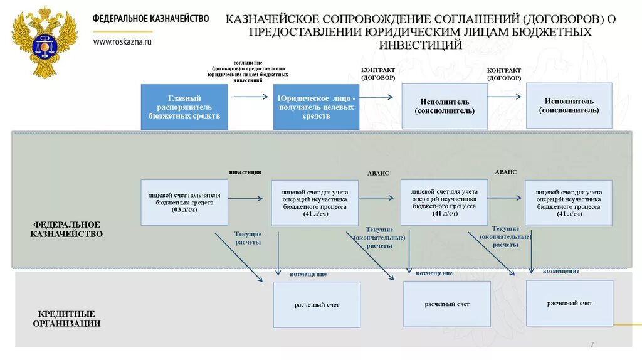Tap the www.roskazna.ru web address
[x=122, y=41]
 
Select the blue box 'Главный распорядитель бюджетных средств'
[x=184, y=107]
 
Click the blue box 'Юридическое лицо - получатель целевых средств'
[x=316, y=107]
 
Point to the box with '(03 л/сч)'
[x=184, y=203]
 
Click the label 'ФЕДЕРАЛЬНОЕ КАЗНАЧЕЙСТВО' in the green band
[x=66, y=229]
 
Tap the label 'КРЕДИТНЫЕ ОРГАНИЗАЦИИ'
[x=66, y=319]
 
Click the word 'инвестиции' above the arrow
[x=245, y=172]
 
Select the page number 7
[x=591, y=346]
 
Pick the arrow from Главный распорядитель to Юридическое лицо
[x=250, y=97]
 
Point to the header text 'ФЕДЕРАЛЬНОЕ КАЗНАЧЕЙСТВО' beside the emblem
[x=150, y=19]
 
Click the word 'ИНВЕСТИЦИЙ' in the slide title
[x=421, y=45]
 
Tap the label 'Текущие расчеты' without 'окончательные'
[x=248, y=238]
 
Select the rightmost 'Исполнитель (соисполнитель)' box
[x=569, y=105]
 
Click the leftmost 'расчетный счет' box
[x=317, y=305]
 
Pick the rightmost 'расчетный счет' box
[x=569, y=303]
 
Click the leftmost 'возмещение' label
[x=308, y=275]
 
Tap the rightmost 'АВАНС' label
[x=505, y=172]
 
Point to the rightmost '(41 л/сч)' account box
[x=569, y=203]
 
